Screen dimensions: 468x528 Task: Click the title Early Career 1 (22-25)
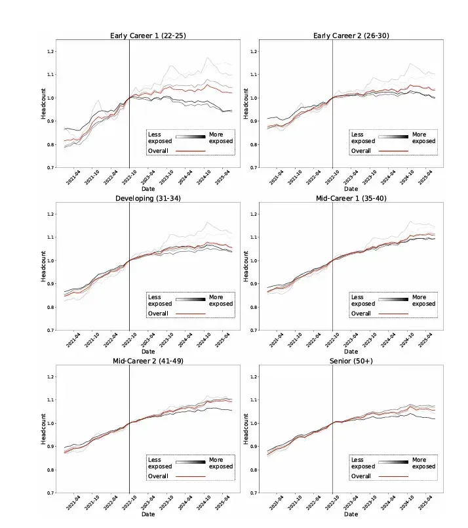[148, 35]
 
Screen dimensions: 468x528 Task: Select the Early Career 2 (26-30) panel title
[351, 35]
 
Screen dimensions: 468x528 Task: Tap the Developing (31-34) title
[148, 198]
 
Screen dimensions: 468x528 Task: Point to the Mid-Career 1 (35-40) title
[351, 198]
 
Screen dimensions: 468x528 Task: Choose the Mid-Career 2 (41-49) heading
[148, 361]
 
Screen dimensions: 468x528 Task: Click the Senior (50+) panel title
[351, 361]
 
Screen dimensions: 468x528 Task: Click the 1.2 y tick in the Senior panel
[254, 376]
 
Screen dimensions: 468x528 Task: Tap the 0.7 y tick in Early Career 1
[50, 167]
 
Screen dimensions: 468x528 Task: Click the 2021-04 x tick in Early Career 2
[277, 177]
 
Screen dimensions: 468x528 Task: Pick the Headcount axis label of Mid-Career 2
[43, 429]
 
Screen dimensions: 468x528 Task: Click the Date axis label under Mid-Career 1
[351, 352]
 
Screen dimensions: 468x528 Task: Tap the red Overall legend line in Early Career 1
[191, 151]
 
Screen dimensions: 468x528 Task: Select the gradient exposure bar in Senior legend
[393, 462]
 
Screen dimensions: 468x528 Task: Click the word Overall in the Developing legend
[158, 314]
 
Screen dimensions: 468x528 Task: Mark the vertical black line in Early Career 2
[333, 104]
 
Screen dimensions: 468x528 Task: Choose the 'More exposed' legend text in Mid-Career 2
[221, 463]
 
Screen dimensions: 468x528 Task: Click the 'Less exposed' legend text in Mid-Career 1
[363, 300]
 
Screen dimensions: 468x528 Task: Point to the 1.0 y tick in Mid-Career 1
[254, 260]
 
